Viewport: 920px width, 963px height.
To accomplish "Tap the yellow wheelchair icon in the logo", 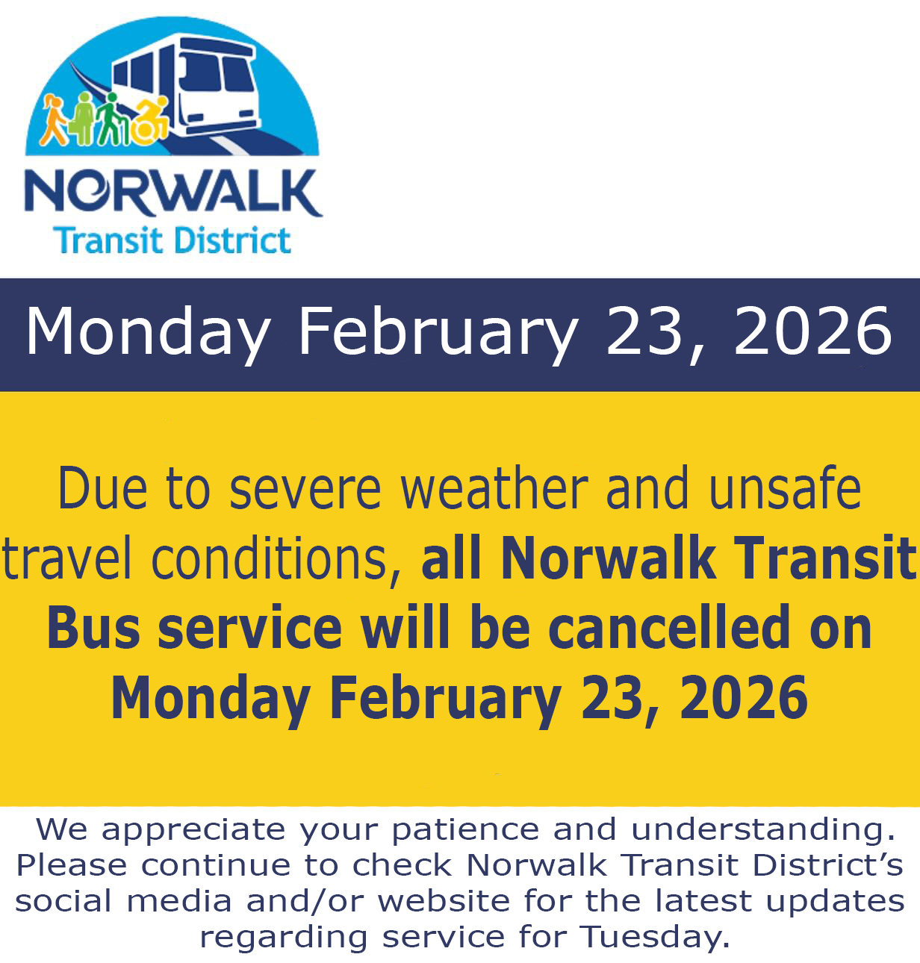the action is click(x=151, y=118).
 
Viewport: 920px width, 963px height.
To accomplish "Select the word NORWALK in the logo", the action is click(x=173, y=193).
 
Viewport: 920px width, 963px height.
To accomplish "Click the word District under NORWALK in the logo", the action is click(x=233, y=240).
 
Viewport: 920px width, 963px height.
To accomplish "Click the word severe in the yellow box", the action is click(x=305, y=490).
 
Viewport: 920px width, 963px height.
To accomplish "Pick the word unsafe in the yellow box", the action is click(x=786, y=487).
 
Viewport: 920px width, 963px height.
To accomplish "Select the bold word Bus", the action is click(x=93, y=628).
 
